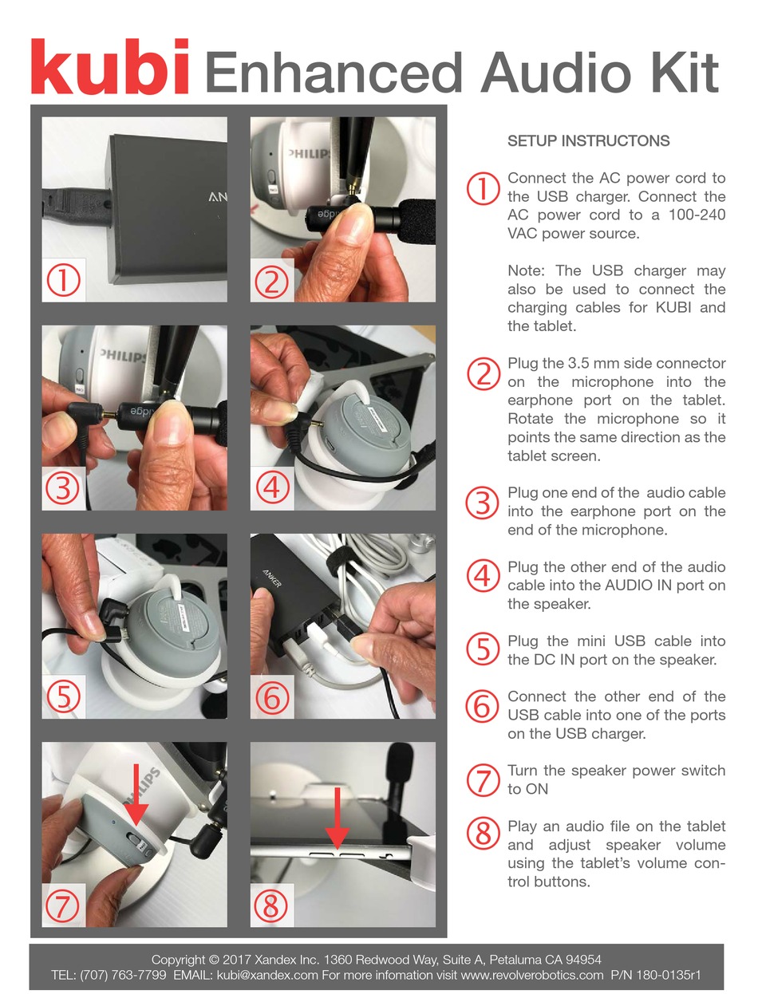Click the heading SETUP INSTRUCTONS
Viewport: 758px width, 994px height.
coord(588,141)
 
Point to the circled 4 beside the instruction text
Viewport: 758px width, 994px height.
coord(482,576)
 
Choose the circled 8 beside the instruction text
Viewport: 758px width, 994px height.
coord(482,834)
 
